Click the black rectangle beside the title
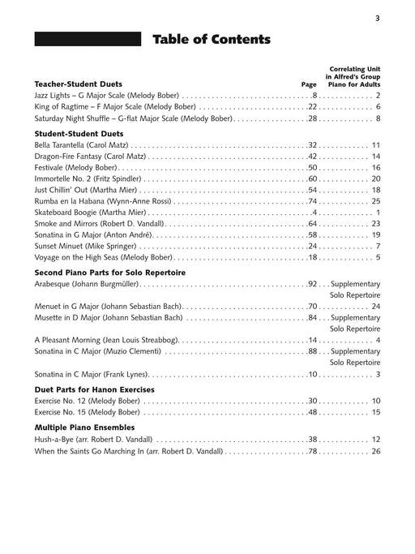tap(88, 40)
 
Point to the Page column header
tap(308, 84)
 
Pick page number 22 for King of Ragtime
tap(312, 106)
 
